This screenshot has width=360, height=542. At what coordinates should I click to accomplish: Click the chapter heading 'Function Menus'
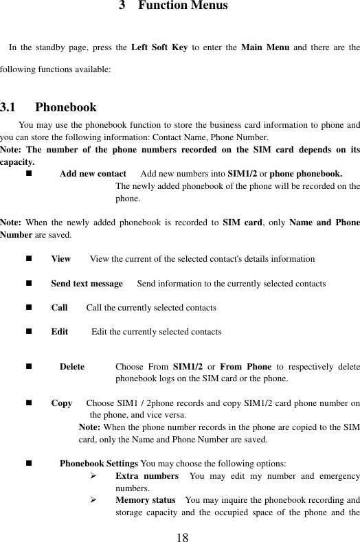point(183,6)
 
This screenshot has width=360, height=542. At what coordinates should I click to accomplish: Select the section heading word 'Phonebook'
point(66,107)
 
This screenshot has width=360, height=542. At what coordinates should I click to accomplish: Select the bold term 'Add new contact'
point(93,174)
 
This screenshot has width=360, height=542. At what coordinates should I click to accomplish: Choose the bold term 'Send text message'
point(87,284)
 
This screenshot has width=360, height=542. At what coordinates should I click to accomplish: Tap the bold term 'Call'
point(59,308)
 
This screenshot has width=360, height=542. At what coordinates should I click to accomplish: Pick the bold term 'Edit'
point(59,332)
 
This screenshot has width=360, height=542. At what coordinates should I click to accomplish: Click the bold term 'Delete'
point(72,367)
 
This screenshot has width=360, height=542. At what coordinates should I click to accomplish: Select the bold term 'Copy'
point(62,403)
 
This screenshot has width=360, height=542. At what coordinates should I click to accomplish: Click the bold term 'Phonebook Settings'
point(99,464)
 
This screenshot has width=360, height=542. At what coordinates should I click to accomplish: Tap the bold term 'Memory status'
point(146,499)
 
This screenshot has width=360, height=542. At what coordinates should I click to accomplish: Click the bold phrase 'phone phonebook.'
point(305,174)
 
